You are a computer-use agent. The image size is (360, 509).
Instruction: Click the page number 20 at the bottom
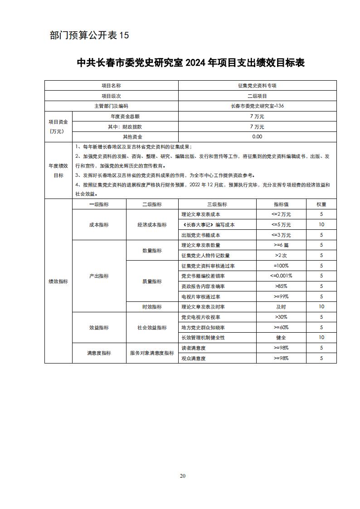[183, 476]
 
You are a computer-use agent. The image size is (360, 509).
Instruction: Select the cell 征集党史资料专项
[257, 86]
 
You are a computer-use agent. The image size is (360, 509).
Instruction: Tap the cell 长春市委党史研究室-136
[257, 107]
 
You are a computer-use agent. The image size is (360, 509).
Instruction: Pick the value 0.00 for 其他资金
[257, 137]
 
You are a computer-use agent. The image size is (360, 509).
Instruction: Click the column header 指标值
[281, 204]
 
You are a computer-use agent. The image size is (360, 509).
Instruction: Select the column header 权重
[321, 204]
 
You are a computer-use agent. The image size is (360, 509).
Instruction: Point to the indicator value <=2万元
[281, 214]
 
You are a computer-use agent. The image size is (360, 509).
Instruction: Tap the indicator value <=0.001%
[281, 276]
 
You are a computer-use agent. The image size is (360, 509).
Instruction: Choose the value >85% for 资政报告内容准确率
[281, 286]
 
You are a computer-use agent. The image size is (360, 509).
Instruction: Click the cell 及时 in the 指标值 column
[281, 307]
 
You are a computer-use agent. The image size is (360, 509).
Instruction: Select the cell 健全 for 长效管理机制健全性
[281, 338]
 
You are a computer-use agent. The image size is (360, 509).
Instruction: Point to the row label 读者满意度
[194, 348]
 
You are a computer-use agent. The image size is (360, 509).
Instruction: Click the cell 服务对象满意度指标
[152, 353]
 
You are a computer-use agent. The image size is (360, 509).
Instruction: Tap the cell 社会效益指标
[152, 328]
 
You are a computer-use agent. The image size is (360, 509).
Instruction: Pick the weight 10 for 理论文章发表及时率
[321, 307]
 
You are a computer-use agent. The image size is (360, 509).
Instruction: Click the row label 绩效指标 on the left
[58, 281]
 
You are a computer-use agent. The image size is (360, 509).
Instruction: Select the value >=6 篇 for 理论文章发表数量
[281, 245]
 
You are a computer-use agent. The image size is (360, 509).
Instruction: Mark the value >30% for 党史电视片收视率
[281, 317]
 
